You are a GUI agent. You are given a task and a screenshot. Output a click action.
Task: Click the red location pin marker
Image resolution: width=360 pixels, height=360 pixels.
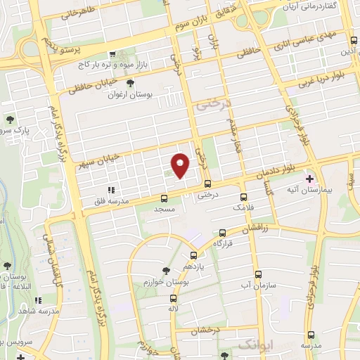[x=181, y=165]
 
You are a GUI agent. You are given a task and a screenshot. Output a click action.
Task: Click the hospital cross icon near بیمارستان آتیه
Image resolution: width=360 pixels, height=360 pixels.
[x=310, y=179]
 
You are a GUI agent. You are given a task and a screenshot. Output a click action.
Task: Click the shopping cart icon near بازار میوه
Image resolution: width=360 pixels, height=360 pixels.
[x=112, y=54]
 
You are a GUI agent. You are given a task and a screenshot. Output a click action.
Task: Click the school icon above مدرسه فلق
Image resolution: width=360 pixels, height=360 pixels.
[x=110, y=190]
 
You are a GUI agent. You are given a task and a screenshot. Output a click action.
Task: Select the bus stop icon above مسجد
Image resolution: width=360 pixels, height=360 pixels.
[x=164, y=198]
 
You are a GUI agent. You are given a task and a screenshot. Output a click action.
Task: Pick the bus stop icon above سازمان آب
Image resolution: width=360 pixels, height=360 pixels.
[x=258, y=274]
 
